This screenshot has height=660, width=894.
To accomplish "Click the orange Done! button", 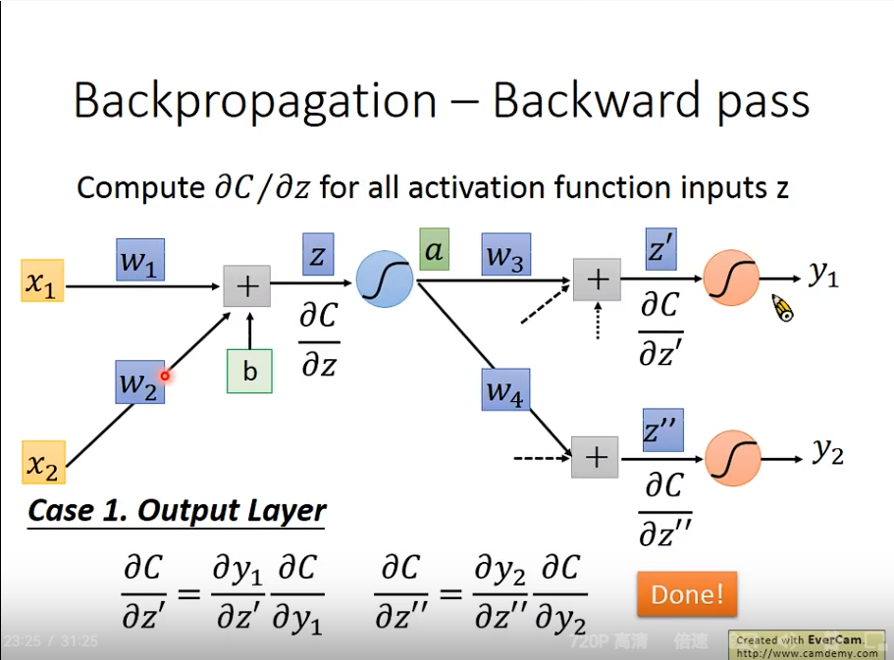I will pyautogui.click(x=686, y=593).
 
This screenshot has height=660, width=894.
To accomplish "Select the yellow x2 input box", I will pyautogui.click(x=43, y=463).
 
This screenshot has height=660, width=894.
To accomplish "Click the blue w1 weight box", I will pyautogui.click(x=139, y=260).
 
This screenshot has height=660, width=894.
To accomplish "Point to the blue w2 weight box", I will pyautogui.click(x=139, y=382).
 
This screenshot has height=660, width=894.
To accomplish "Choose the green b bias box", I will pyautogui.click(x=249, y=371).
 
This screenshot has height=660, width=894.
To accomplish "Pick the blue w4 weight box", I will pyautogui.click(x=505, y=389).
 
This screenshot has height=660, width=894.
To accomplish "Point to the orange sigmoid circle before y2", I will pyautogui.click(x=732, y=457).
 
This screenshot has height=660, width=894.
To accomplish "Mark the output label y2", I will pyautogui.click(x=827, y=451).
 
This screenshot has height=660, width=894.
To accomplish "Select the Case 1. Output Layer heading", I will pyautogui.click(x=177, y=511).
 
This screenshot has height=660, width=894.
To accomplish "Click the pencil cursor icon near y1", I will pyautogui.click(x=782, y=309).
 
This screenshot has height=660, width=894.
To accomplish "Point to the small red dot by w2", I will pyautogui.click(x=166, y=375).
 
